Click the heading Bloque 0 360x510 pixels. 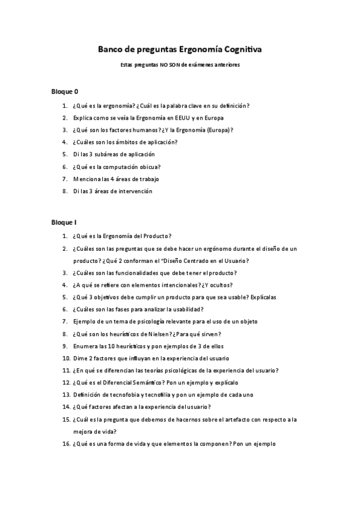[x=64, y=92]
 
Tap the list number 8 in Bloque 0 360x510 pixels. [x=65, y=191]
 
